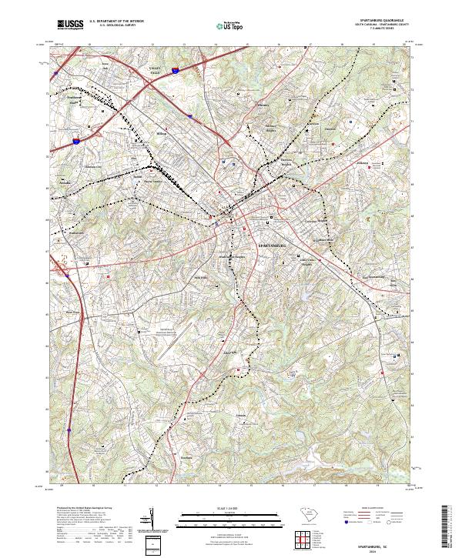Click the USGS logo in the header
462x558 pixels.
coord(69,25)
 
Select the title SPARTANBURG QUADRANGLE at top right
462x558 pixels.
coord(380,20)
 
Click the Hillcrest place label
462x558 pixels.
coord(363,163)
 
